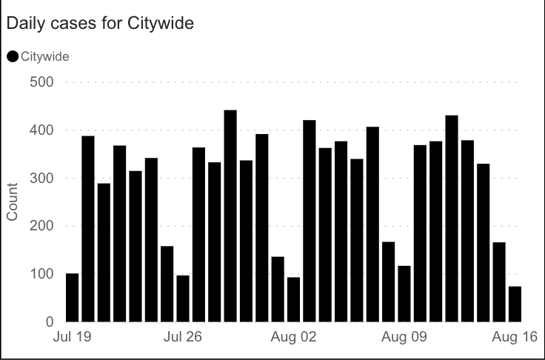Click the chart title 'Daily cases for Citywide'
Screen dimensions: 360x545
[x=100, y=24]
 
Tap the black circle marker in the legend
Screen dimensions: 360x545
[x=13, y=56]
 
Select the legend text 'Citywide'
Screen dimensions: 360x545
[x=46, y=56]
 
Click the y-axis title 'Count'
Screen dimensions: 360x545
[x=13, y=202]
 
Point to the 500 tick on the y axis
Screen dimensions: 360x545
[x=42, y=82]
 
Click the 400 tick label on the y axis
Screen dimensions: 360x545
[x=42, y=130]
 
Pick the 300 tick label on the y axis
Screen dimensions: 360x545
[x=42, y=179]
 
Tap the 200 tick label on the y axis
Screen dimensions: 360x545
[x=42, y=226]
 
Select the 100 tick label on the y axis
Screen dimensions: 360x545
[x=42, y=274]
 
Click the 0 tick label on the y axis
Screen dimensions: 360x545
[x=50, y=322]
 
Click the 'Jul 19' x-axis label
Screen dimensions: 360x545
[x=73, y=338]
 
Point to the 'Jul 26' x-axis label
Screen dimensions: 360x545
[x=183, y=338]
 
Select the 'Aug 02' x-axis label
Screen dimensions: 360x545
[x=294, y=338]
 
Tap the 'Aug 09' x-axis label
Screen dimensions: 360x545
[x=404, y=338]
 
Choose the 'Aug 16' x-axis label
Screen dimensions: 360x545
[x=515, y=338]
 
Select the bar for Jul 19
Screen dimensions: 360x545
[x=72, y=298]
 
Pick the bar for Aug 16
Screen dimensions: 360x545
[x=515, y=304]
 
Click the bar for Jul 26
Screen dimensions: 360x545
[x=183, y=299]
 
